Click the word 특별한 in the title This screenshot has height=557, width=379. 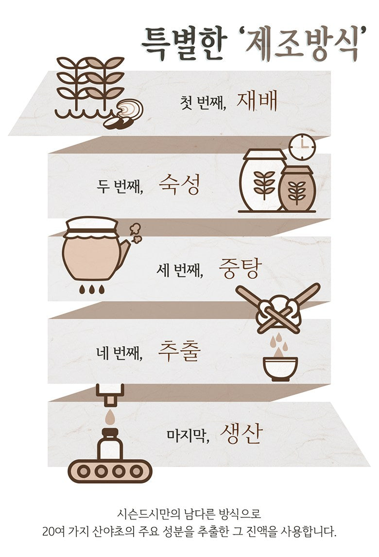click(x=183, y=44)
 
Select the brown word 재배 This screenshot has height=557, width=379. click(x=257, y=101)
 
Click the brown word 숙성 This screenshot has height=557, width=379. click(x=179, y=184)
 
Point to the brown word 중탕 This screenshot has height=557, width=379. click(x=240, y=268)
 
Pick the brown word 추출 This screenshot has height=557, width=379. click(x=179, y=351)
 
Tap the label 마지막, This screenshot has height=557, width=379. click(x=188, y=435)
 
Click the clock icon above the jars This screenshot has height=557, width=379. click(x=302, y=146)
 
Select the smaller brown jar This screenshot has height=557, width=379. click(x=297, y=189)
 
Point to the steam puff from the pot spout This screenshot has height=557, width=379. click(x=135, y=233)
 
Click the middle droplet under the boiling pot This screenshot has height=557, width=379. click(x=92, y=289)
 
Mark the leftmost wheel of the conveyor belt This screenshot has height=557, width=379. click(x=84, y=471)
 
